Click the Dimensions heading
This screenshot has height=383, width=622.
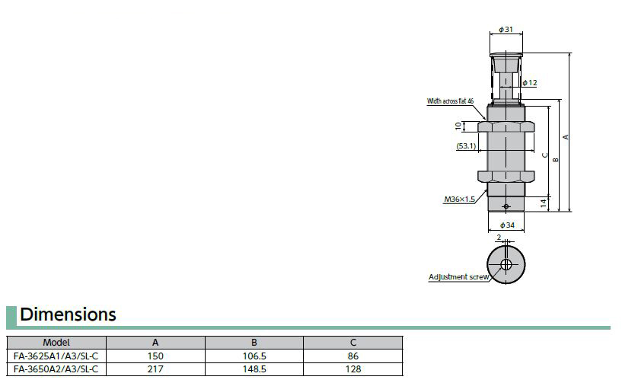[x=68, y=314]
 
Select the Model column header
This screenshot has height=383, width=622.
[x=56, y=343]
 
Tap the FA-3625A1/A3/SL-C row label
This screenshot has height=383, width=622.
[x=56, y=356]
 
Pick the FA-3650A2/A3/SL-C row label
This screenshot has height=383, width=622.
[x=56, y=369]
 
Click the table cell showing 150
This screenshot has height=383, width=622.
[x=155, y=356]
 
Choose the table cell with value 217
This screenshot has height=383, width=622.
[x=155, y=369]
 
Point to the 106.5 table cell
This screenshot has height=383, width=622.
[x=254, y=356]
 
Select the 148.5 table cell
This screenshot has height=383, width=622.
[x=254, y=369]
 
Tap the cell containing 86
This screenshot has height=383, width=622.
[x=353, y=356]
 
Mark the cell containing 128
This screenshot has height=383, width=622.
[x=353, y=369]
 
